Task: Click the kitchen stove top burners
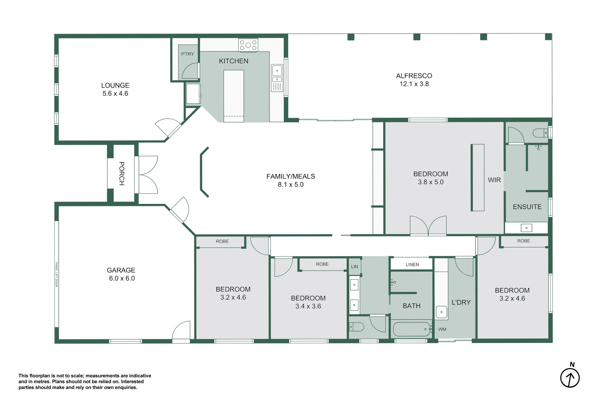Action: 248,45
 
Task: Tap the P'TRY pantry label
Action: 187,54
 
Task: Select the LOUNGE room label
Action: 115,86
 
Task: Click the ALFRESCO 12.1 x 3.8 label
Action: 414,80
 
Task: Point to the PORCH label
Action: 121,174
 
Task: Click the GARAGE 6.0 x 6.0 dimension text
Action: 122,278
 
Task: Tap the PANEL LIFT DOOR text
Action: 57,275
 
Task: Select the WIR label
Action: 494,180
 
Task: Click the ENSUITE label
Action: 527,207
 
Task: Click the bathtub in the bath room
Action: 411,329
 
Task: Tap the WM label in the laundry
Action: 442,329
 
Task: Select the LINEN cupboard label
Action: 412,264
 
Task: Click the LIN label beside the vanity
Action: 354,267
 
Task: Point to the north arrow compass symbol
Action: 570,377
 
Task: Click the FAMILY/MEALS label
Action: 290,176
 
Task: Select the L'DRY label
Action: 461,302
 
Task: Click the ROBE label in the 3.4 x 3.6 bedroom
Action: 322,264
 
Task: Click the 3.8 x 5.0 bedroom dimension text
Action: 431,182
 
